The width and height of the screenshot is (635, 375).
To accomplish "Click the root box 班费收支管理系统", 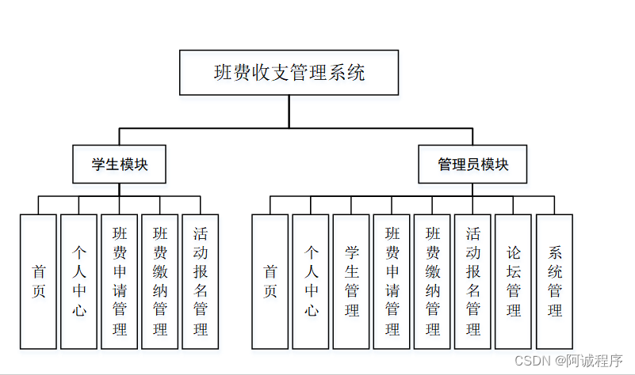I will pos(289,74).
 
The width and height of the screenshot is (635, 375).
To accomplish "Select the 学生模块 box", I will pos(120,165).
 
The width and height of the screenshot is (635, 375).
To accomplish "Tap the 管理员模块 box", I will pos(473,165).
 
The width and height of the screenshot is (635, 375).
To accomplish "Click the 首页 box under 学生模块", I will pos(39,281).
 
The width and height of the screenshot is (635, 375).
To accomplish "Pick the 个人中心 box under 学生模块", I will pos(79,281).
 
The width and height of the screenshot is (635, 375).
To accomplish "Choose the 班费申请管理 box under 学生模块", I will pos(120,281).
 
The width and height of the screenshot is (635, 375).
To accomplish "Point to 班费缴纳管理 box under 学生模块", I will pos(160,281).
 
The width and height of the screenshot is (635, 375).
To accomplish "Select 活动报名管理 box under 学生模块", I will pos(201,281).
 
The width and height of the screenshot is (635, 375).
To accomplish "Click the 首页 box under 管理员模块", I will pos(270,281).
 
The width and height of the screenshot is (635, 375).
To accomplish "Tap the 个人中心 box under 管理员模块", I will pos(311,281).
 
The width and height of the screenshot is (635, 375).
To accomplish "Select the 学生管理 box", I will pos(351,281).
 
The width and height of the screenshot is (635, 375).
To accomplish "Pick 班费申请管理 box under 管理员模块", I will pos(392,281).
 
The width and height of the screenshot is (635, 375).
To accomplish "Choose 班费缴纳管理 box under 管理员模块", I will pos(433,281).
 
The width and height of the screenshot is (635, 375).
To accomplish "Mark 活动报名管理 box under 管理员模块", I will pos(473,281).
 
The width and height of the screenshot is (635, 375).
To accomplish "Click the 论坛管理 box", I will pos(514,281).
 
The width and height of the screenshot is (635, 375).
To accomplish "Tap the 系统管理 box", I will pos(555,281).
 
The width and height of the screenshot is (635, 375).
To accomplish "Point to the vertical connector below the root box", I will pos(289,111).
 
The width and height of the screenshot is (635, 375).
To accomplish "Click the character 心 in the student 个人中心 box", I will pos(79,310).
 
